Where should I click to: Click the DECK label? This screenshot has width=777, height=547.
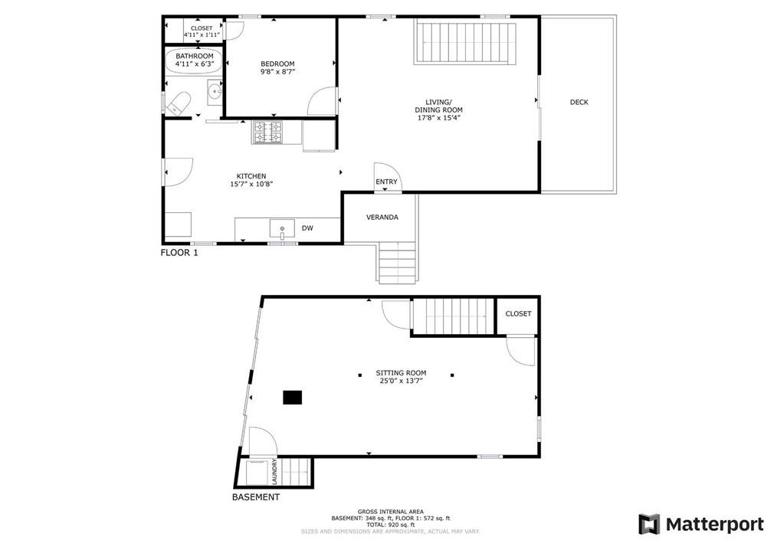point(579,102)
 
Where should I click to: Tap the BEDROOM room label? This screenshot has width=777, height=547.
point(277,64)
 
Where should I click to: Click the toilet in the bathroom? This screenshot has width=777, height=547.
point(179,103)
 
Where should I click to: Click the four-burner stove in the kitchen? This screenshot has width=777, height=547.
point(269,133)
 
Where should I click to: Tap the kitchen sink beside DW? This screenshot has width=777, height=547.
point(282,228)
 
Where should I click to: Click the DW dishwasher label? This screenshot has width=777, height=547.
point(307,228)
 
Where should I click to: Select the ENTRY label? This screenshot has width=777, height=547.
point(386,182)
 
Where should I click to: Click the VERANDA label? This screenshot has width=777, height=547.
point(382,218)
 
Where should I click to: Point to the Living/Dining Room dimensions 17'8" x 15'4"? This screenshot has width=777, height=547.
point(438,118)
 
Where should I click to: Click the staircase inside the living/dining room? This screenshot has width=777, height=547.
point(466,43)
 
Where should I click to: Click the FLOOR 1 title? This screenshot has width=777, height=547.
point(179,253)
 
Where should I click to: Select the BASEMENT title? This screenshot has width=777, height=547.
point(256,497)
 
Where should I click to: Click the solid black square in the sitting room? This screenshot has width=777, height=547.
point(292,397)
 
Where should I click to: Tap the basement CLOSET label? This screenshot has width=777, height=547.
point(518,314)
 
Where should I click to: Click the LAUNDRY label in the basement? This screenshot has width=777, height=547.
point(274,472)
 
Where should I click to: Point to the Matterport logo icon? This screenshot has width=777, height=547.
point(649,524)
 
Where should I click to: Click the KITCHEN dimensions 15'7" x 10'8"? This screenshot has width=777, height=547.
point(251,184)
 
